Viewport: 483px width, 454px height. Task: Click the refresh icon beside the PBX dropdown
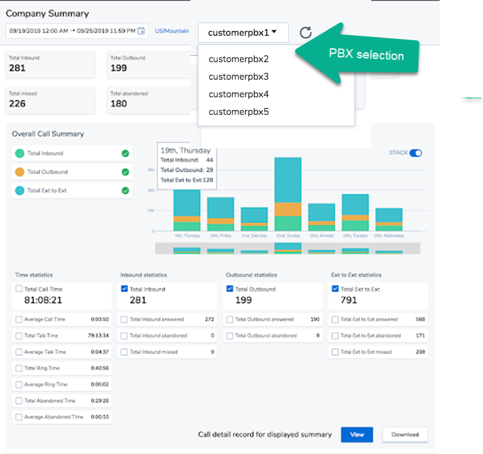[x=306, y=33]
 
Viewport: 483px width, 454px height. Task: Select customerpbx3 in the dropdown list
[x=239, y=77]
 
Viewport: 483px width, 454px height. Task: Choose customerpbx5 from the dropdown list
[x=239, y=112]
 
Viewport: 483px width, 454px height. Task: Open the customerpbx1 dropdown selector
[x=243, y=32]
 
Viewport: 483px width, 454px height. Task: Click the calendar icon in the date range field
[x=141, y=31]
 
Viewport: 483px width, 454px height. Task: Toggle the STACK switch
[x=415, y=153]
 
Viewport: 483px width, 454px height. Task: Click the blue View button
[x=357, y=435]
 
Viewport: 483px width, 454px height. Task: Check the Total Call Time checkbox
[x=19, y=289]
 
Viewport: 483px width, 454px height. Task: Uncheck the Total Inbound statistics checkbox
[x=124, y=289]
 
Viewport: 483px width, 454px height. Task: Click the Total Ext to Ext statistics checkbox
[x=335, y=289]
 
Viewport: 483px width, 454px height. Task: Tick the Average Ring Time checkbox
[x=19, y=384]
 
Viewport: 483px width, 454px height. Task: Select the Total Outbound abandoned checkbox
[x=230, y=336]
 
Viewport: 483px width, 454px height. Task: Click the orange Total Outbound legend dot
[x=20, y=172]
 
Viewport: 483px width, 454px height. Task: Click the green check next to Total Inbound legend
[x=125, y=153]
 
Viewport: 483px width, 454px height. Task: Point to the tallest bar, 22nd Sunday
[x=288, y=195]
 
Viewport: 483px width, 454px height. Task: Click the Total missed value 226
[x=18, y=104]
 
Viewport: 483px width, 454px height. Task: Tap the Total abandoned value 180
[x=119, y=104]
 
